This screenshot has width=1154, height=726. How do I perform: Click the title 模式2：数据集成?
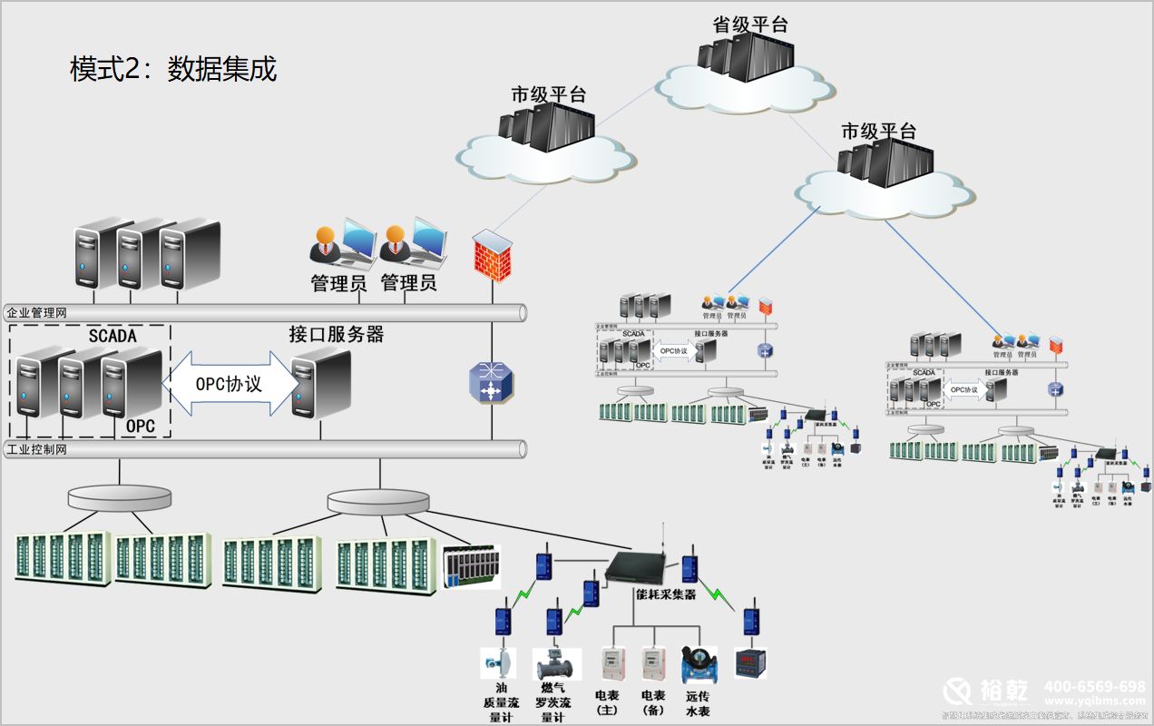tap(173, 69)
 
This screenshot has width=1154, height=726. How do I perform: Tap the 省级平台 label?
tap(750, 25)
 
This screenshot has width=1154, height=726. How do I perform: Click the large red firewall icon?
tap(493, 256)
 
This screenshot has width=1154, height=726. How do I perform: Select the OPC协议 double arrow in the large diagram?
tap(230, 384)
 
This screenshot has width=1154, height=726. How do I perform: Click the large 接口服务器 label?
tap(337, 335)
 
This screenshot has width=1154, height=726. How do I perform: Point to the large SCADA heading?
tap(112, 336)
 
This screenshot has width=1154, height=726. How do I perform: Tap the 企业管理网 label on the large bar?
tap(37, 313)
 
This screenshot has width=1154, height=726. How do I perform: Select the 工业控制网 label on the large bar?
tap(37, 449)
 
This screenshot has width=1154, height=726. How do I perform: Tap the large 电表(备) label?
tap(653, 702)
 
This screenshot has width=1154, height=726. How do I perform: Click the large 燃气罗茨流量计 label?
tap(553, 702)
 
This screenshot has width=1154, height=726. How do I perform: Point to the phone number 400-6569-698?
tap(1094, 686)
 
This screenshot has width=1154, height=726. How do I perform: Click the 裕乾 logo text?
tap(1003, 692)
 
